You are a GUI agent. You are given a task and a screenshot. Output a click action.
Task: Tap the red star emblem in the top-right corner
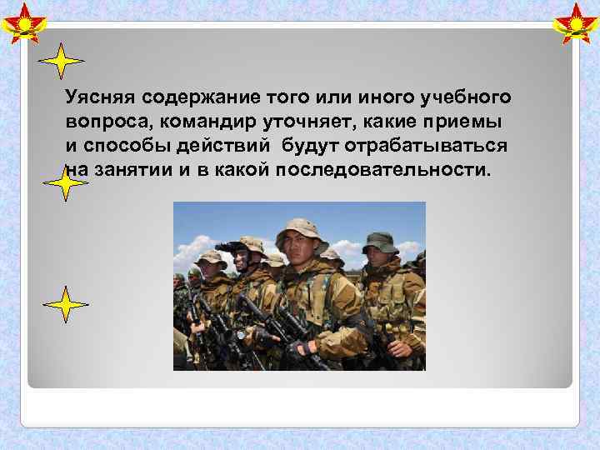[x=576, y=22]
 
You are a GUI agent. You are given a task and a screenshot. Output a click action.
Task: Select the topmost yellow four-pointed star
[x=62, y=62]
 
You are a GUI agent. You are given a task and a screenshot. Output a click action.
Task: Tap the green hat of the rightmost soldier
[x=380, y=242]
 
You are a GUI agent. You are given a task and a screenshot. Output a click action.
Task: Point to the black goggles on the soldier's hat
[x=228, y=247]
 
